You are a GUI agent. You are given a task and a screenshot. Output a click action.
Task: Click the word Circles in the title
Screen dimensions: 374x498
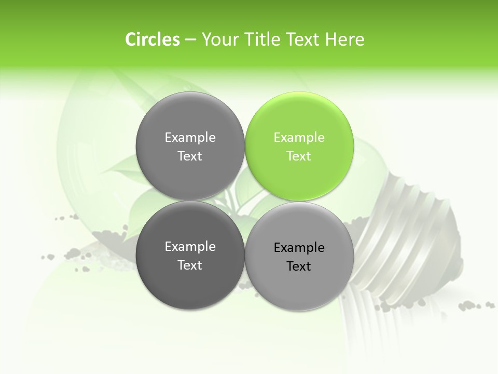click(x=152, y=39)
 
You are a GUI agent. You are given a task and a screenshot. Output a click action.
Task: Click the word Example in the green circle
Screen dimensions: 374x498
click(x=299, y=137)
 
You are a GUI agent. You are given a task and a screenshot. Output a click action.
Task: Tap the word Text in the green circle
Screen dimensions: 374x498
click(x=299, y=156)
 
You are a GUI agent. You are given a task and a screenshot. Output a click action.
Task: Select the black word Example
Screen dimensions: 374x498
click(x=299, y=247)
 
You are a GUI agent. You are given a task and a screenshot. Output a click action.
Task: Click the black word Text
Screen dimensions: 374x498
click(x=299, y=266)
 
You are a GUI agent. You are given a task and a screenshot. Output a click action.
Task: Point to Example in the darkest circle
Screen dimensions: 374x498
click(x=190, y=246)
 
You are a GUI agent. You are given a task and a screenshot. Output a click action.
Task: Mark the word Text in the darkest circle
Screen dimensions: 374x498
click(x=190, y=265)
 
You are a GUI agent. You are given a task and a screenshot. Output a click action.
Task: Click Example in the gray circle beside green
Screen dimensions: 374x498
click(x=190, y=137)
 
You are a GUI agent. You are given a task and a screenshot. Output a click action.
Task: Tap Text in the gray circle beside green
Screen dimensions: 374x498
click(x=190, y=156)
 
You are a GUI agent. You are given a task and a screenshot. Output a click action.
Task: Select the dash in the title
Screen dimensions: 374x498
click(x=190, y=39)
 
